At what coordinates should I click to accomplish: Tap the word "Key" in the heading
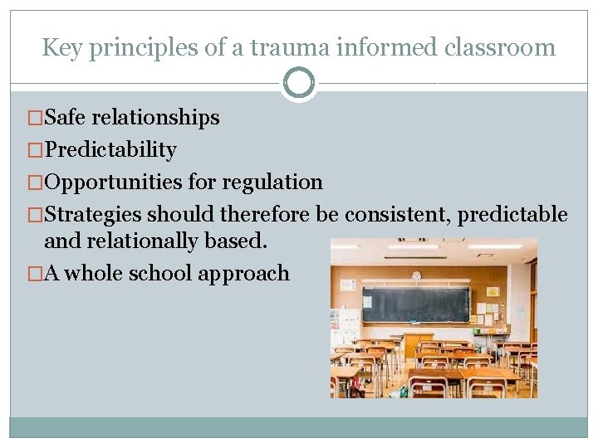pyautogui.click(x=61, y=47)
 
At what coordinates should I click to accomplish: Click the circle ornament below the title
pyautogui.click(x=299, y=83)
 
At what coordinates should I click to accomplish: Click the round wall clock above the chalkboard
pyautogui.click(x=416, y=275)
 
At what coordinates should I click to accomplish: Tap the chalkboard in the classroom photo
pyautogui.click(x=415, y=304)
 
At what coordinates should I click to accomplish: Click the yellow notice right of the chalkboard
pyautogui.click(x=493, y=292)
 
